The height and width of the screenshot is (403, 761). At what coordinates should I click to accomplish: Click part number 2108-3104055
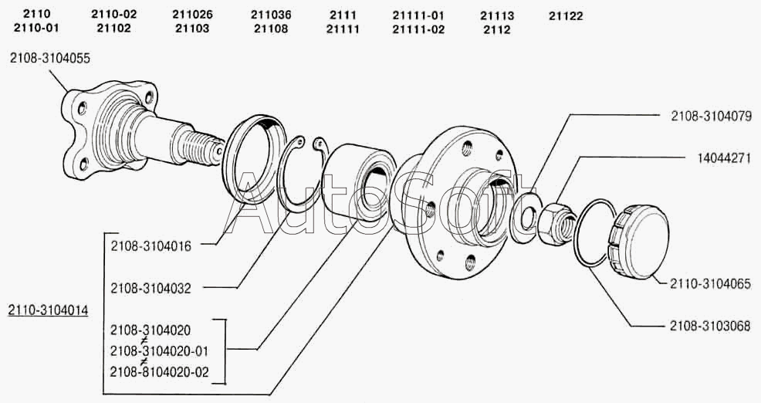(49, 57)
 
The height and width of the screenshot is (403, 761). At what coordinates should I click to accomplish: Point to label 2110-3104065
(710, 283)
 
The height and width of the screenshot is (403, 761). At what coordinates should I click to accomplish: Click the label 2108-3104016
(151, 246)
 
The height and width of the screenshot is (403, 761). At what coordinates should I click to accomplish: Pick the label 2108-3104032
(151, 288)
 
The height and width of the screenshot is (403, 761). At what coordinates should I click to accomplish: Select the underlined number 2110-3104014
(48, 310)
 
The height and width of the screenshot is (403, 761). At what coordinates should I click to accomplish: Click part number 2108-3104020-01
(160, 351)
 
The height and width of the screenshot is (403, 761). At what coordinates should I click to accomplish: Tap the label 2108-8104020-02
(160, 371)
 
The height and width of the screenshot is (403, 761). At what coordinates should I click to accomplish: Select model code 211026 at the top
(192, 15)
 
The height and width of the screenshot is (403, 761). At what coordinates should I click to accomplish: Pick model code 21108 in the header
(269, 29)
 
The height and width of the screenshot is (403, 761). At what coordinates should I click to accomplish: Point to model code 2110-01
(36, 29)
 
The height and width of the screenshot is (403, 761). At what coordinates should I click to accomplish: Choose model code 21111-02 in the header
(418, 29)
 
